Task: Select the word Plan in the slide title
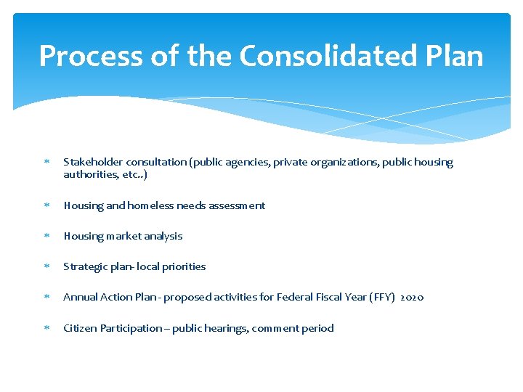coord(454,56)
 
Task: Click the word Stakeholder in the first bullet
coord(93,163)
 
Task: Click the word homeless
coord(151,205)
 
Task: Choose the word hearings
coord(227,328)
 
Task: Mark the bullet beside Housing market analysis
coord(45,236)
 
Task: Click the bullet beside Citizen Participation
coord(45,328)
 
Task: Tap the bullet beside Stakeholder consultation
coord(45,163)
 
